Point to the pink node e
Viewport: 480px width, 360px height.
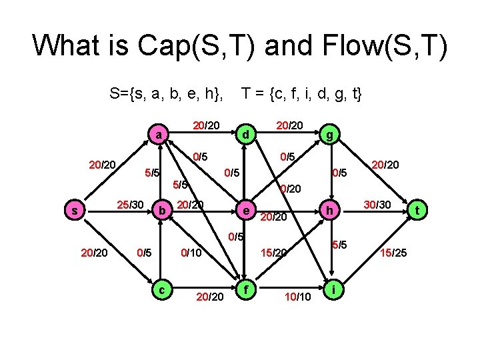[245, 211]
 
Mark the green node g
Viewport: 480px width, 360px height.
[329, 135]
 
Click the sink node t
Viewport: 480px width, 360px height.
[418, 211]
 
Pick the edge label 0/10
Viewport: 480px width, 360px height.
[192, 253]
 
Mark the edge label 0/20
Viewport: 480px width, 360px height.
[292, 189]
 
